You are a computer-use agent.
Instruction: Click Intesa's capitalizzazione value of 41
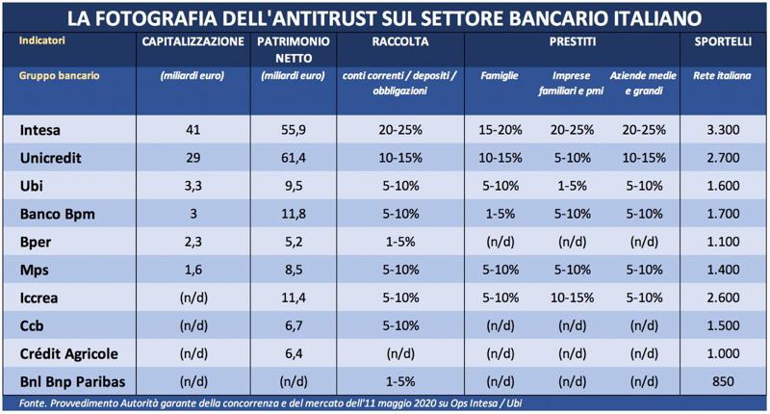pyautogui.click(x=192, y=130)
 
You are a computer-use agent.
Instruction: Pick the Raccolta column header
pyautogui.click(x=400, y=43)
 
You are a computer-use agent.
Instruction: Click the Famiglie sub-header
pyautogui.click(x=500, y=76)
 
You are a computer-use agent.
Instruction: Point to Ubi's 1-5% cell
pyautogui.click(x=572, y=183)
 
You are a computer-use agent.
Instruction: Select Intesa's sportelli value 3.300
pyautogui.click(x=721, y=130)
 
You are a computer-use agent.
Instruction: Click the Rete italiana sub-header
pyautogui.click(x=721, y=76)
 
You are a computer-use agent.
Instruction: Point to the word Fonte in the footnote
pyautogui.click(x=37, y=401)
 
